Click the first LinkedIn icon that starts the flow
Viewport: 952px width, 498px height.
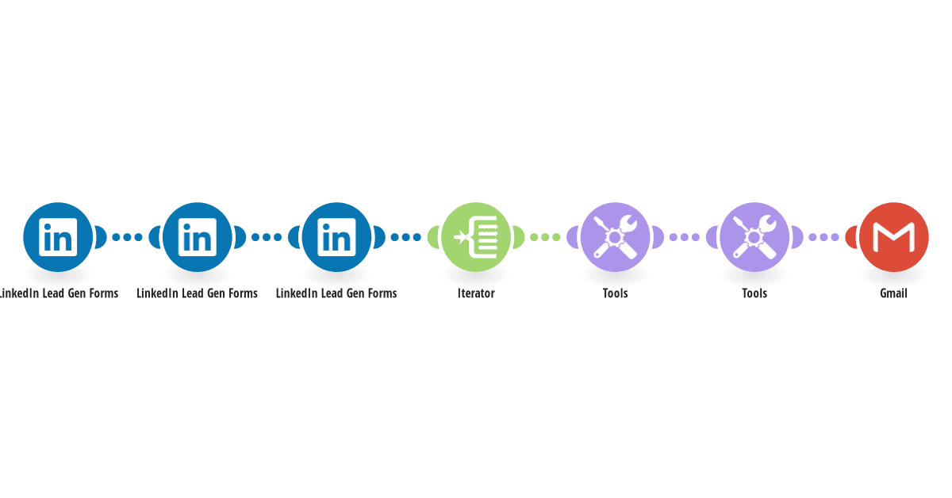[58, 237]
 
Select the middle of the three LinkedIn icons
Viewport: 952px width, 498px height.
[198, 237]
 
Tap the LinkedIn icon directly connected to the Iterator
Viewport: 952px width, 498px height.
[336, 237]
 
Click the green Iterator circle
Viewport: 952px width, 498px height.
[476, 237]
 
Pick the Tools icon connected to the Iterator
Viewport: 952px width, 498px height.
[616, 237]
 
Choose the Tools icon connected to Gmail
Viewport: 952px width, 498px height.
[754, 237]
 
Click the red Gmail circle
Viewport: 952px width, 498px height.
[894, 237]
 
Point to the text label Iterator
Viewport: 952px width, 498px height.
[476, 293]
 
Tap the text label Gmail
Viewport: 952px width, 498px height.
[894, 293]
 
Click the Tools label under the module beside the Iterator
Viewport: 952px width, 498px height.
[616, 293]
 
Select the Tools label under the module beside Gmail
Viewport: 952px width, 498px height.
[754, 293]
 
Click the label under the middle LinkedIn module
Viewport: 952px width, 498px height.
[198, 293]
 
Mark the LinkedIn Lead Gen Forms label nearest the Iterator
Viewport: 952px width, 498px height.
[336, 293]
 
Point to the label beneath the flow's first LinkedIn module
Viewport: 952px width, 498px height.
[59, 293]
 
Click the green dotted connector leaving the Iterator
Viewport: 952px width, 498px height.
[545, 237]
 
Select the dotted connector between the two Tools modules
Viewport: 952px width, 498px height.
[685, 237]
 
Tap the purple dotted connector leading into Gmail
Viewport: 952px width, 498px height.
[824, 237]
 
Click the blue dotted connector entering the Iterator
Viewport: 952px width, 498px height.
[406, 237]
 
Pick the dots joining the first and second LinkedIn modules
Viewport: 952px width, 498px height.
[127, 237]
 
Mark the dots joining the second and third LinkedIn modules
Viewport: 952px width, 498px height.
[267, 237]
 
